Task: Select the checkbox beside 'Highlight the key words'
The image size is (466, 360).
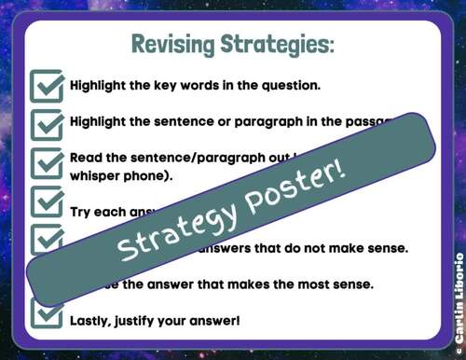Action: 47,85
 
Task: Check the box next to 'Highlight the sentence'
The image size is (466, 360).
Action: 47,122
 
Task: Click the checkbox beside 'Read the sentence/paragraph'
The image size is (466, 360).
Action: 47,163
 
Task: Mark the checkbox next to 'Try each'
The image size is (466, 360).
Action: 47,201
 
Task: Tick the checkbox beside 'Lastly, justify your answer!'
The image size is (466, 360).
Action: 47,316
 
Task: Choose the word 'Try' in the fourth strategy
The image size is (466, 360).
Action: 82,212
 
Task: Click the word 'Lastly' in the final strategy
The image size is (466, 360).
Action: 93,320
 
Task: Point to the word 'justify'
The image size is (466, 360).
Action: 144,320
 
